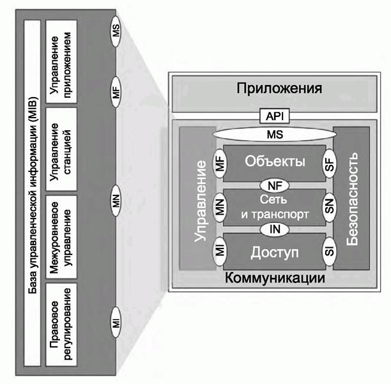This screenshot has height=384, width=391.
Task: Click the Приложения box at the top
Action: point(279,88)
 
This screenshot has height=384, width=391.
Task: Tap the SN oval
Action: point(330,208)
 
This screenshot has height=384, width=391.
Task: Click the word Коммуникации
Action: point(275,279)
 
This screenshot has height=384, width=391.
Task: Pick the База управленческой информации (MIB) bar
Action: point(30,192)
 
